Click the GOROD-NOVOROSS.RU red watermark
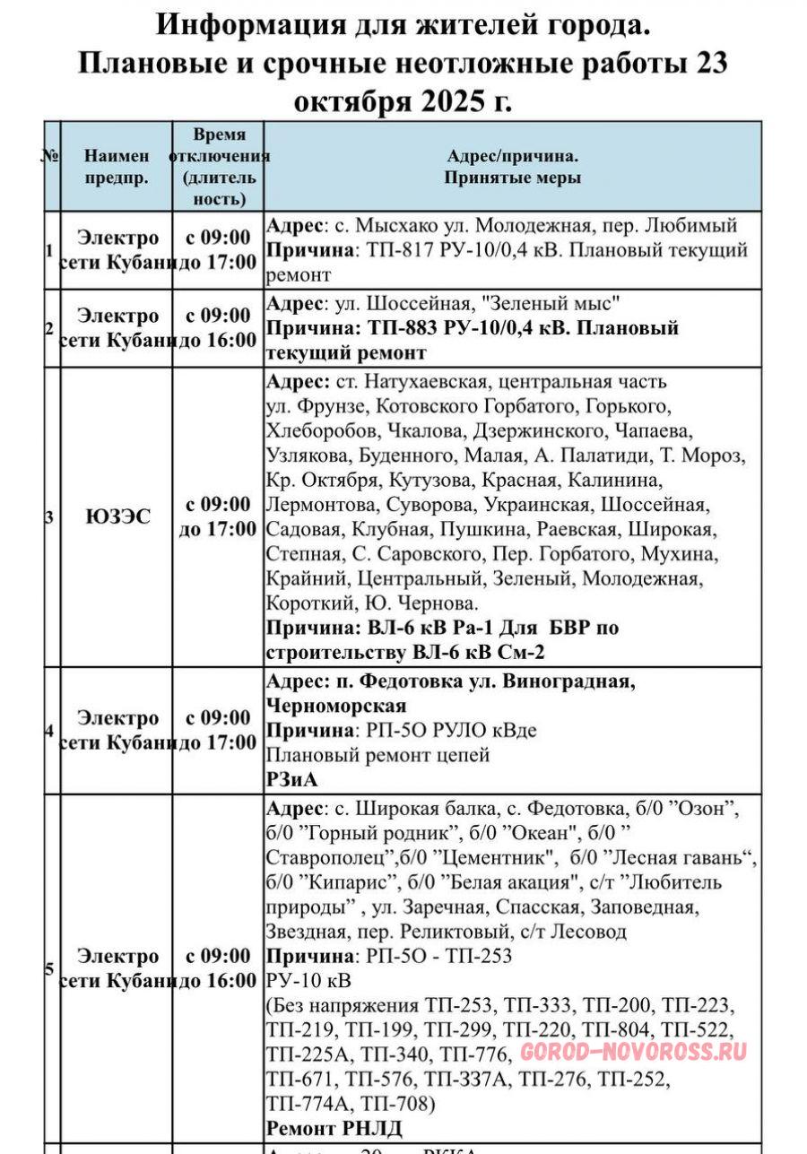(633, 1052)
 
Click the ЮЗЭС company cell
(117, 516)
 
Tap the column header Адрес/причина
(512, 166)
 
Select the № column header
(50, 155)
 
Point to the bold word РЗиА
(292, 780)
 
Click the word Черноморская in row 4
(336, 706)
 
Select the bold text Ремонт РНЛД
(334, 1127)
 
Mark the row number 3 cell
(50, 516)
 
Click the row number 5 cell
(50, 968)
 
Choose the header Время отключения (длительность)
(218, 166)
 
